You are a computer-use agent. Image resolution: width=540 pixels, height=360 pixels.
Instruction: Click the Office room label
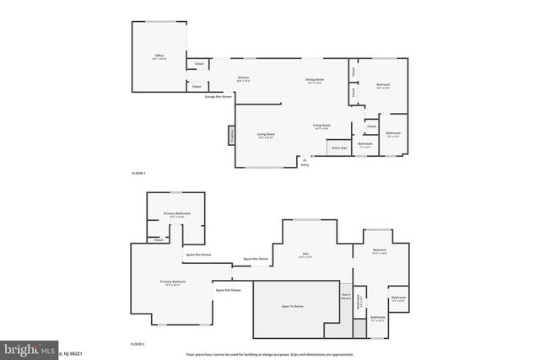coord(159,56)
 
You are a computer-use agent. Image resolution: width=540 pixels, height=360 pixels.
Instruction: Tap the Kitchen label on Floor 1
coord(243,78)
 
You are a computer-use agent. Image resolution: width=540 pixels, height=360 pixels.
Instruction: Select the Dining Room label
coord(316,79)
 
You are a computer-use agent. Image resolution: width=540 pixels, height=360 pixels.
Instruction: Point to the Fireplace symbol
coord(230,135)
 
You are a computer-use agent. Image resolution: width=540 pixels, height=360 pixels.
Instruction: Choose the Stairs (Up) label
coord(339,148)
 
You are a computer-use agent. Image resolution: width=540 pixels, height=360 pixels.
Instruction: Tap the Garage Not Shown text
coord(218,96)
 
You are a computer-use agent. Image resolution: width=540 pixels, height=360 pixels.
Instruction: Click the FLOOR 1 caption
coord(138,173)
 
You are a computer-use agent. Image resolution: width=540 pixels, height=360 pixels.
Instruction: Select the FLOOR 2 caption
coord(138,344)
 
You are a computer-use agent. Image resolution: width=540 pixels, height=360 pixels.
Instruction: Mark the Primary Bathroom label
coord(175,214)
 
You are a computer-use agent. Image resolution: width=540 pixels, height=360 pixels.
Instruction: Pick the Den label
coord(305,254)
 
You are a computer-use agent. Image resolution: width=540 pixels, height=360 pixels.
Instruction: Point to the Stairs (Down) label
coord(345,297)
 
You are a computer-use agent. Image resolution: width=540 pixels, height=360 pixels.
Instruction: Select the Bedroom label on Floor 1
coord(383,84)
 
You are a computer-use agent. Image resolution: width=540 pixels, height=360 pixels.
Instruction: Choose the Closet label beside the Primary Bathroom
coord(159,239)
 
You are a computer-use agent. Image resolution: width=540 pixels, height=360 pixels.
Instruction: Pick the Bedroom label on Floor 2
coord(380,250)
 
